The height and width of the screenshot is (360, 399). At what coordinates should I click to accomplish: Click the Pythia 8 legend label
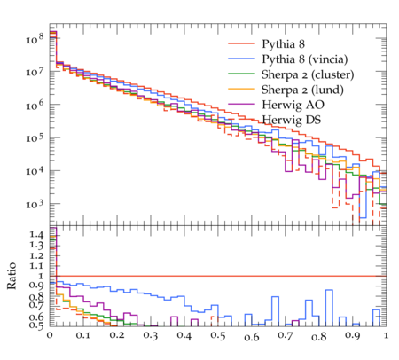tap(283, 44)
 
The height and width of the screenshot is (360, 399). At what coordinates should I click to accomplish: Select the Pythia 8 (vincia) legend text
tap(305, 59)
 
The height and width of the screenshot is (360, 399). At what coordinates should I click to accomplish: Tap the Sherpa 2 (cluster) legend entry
tap(308, 74)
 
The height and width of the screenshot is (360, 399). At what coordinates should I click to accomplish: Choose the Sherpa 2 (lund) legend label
tap(302, 90)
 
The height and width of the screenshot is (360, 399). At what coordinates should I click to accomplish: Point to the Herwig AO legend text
tap(293, 105)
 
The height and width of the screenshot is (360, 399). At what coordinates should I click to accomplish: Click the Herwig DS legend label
tap(292, 120)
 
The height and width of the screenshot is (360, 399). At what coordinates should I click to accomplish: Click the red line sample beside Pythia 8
tap(241, 43)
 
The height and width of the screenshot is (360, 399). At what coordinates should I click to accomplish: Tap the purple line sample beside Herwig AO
tap(241, 105)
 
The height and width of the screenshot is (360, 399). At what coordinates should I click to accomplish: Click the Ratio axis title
tap(12, 276)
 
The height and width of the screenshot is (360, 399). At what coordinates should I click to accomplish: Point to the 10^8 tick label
tap(35, 38)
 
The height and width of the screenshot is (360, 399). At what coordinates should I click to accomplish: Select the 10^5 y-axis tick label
tap(35, 137)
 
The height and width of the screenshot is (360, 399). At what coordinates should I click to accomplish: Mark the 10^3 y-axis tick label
tap(35, 204)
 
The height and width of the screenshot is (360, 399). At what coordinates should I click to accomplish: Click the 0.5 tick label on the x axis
tap(217, 336)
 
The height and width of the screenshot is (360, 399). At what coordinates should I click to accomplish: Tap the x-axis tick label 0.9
tap(352, 336)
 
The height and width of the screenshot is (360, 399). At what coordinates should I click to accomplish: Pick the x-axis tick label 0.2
tap(117, 336)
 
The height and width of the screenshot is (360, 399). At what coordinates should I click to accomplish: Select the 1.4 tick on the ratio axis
tap(36, 235)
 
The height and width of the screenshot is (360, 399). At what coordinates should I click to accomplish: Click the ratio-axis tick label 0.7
tap(36, 304)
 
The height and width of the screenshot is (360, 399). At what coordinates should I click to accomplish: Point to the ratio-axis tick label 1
tap(41, 276)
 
